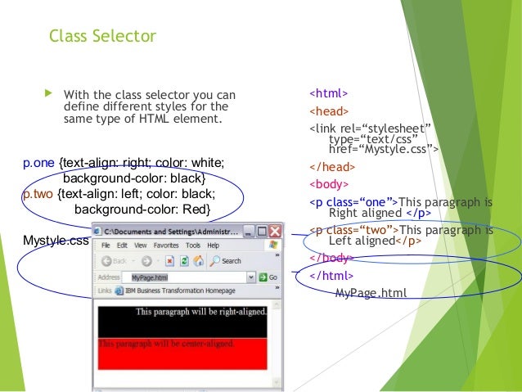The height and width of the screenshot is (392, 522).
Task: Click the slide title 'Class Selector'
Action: (102, 36)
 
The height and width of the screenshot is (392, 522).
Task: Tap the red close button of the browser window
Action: (274, 231)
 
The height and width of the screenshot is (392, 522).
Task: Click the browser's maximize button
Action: (261, 231)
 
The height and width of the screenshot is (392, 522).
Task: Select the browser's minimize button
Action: (248, 231)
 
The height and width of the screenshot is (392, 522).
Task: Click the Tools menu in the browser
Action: (194, 246)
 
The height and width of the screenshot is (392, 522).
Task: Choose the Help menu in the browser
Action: (214, 246)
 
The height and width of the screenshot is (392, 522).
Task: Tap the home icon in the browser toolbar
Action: (200, 261)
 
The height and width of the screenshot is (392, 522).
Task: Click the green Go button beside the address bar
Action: (268, 277)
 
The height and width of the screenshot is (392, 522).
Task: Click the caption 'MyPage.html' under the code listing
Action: (370, 292)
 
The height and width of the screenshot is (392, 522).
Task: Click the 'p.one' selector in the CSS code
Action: (39, 163)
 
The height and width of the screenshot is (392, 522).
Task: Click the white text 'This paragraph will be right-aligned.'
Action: (201, 312)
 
